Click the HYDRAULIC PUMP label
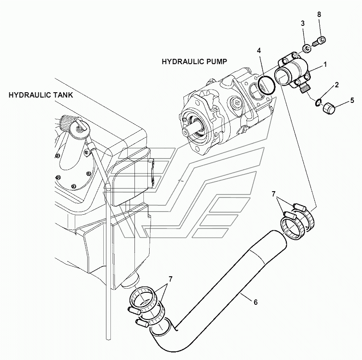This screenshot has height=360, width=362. pos(194,61)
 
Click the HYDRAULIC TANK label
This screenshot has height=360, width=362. pos(41,95)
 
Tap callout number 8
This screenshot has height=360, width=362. pos(319,15)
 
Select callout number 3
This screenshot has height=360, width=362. pos(303,23)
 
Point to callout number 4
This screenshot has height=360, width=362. pos(259,51)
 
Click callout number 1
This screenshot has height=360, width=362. pos(325,65)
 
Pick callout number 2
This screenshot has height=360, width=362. pos(337,85)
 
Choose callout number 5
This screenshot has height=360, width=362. pos(352,100)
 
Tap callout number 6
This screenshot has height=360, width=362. pos(256,302)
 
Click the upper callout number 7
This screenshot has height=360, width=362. pos(273,194)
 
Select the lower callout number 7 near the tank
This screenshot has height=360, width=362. pos(171,279)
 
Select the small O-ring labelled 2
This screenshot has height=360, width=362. pos(317,102)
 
